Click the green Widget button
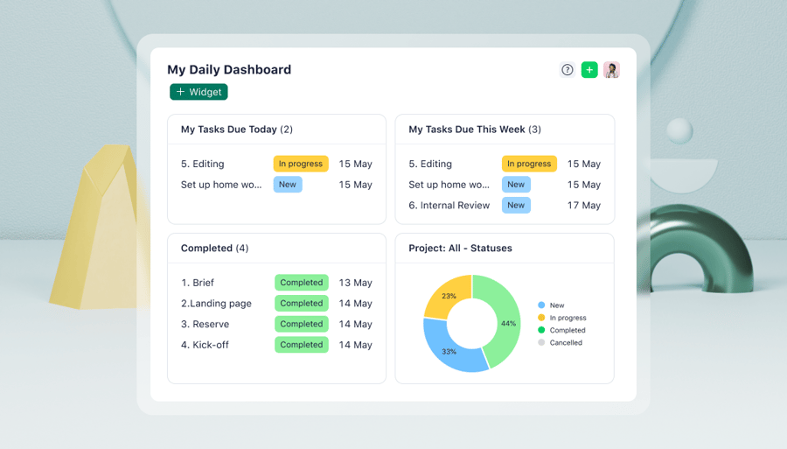[198, 92]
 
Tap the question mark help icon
[568, 70]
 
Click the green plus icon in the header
[589, 70]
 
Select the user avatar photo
[611, 70]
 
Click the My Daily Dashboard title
[229, 70]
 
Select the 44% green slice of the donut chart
[502, 322]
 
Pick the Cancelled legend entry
[565, 343]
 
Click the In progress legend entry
[568, 319]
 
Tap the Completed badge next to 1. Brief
[302, 283]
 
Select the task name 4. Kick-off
[205, 345]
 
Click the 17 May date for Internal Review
[584, 206]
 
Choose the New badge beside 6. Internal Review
[516, 206]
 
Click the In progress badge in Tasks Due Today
[301, 164]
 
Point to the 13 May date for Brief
[356, 283]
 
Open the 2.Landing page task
[216, 304]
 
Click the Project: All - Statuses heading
[460, 249]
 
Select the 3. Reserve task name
[205, 325]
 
